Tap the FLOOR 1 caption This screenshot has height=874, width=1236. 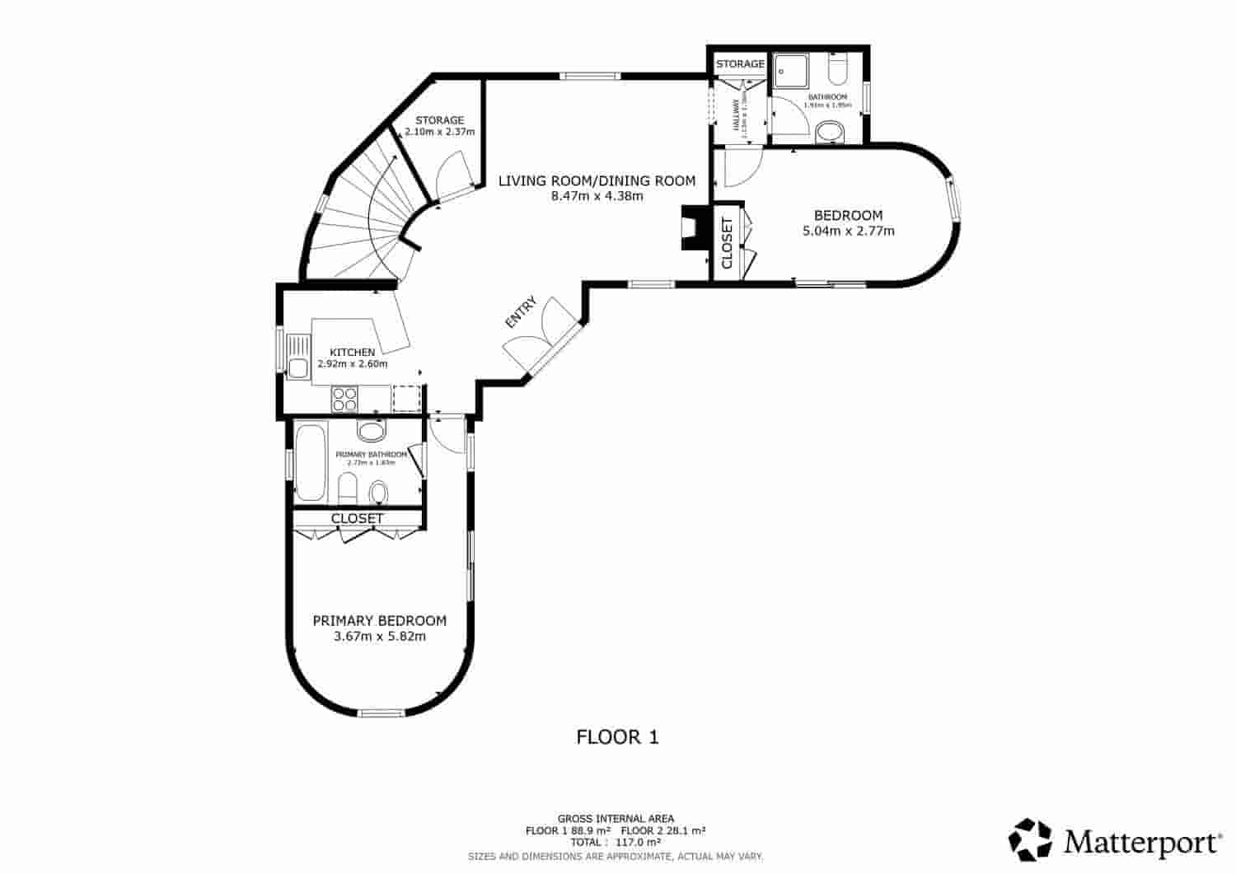coord(617,737)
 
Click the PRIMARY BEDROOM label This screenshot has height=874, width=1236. coord(380,621)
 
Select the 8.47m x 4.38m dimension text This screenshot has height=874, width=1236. coord(597,196)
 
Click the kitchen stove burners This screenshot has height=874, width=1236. coord(344,400)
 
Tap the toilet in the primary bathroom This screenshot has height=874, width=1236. coord(378,493)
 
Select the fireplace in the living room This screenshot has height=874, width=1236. coord(690,227)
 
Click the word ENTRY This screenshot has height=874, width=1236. coord(521,313)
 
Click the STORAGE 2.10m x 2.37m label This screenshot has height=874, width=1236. coord(439,126)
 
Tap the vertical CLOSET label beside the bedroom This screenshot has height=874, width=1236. coord(727,243)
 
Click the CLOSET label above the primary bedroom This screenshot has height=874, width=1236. coord(357,518)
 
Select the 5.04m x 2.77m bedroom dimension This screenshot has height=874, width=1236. coord(848,231)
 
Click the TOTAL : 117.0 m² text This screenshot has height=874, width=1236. coord(616,843)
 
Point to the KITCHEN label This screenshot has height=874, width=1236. coord(352,353)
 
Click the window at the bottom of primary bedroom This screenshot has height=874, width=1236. coord(382,713)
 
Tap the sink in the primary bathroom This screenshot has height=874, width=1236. coord(372,432)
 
